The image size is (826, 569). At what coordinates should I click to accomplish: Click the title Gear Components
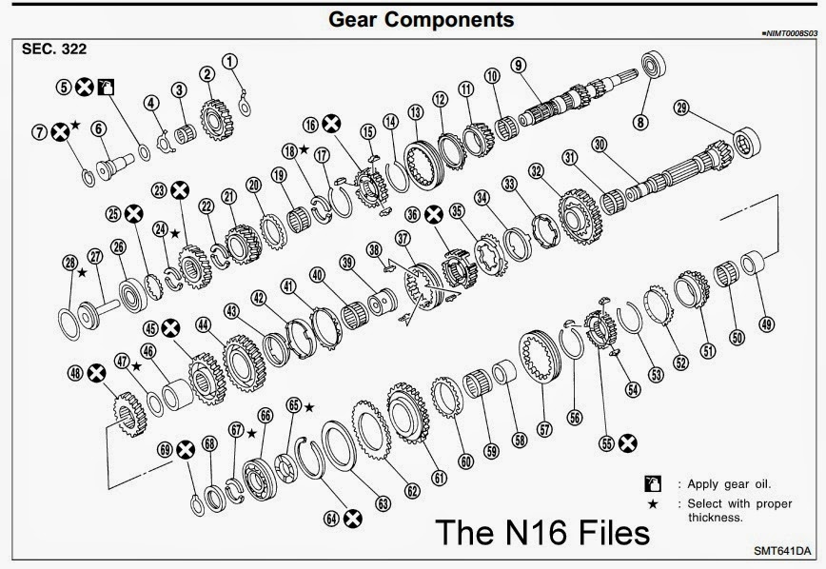pyautogui.click(x=420, y=19)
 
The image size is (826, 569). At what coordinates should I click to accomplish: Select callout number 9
pyautogui.click(x=518, y=65)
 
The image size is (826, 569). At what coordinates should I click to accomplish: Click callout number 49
pyautogui.click(x=767, y=323)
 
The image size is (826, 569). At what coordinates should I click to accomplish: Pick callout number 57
pyautogui.click(x=544, y=429)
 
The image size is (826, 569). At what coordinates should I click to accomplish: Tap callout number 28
pyautogui.click(x=69, y=263)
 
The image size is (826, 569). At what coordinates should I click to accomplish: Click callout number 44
pyautogui.click(x=202, y=324)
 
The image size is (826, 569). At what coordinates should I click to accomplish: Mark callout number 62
pyautogui.click(x=410, y=490)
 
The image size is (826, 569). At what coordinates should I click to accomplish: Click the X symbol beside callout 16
pyautogui.click(x=331, y=123)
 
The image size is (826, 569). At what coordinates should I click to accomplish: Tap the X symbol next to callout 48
pyautogui.click(x=95, y=374)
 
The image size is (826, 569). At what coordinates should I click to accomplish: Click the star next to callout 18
pyautogui.click(x=304, y=148)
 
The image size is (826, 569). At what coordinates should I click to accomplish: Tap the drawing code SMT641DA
pyautogui.click(x=782, y=551)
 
